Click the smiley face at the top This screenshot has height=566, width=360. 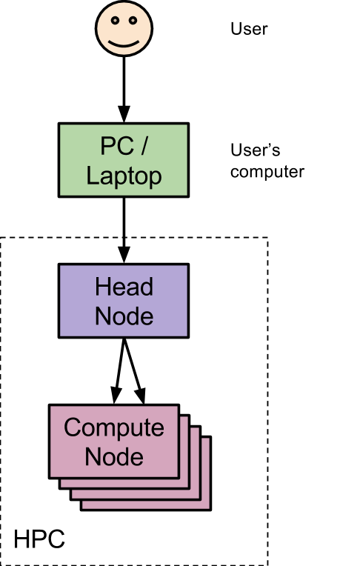(x=124, y=28)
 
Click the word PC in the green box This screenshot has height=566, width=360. (x=116, y=146)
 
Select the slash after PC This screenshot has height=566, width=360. (x=144, y=146)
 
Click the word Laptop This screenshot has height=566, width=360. (x=124, y=176)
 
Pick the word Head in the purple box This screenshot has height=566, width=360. (x=124, y=287)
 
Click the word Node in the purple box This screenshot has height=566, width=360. (x=124, y=316)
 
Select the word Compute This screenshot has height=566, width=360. (x=113, y=427)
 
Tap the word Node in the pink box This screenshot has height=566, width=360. (x=113, y=456)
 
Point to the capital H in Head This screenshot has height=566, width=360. (x=103, y=287)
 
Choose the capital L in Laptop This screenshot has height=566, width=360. (x=91, y=176)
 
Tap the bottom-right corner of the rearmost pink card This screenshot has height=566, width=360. (x=209, y=508)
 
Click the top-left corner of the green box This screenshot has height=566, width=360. (x=61, y=125)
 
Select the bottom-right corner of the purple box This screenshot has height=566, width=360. (x=186, y=335)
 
